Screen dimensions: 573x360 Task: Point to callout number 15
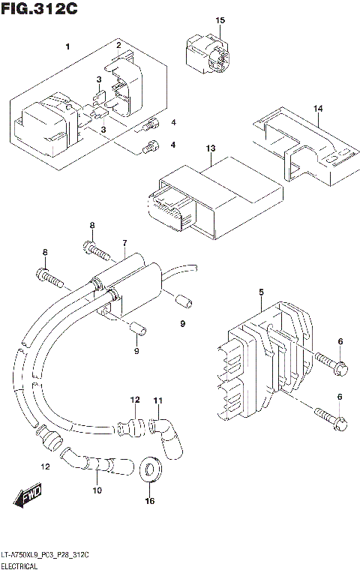(x=220, y=20)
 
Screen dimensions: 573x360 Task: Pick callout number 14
(x=318, y=109)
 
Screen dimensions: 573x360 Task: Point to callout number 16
(x=150, y=501)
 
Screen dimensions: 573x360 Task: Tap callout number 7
(x=124, y=244)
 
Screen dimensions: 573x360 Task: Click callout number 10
(x=96, y=491)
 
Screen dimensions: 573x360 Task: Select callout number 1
(x=67, y=47)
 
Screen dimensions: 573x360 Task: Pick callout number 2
(x=118, y=46)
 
